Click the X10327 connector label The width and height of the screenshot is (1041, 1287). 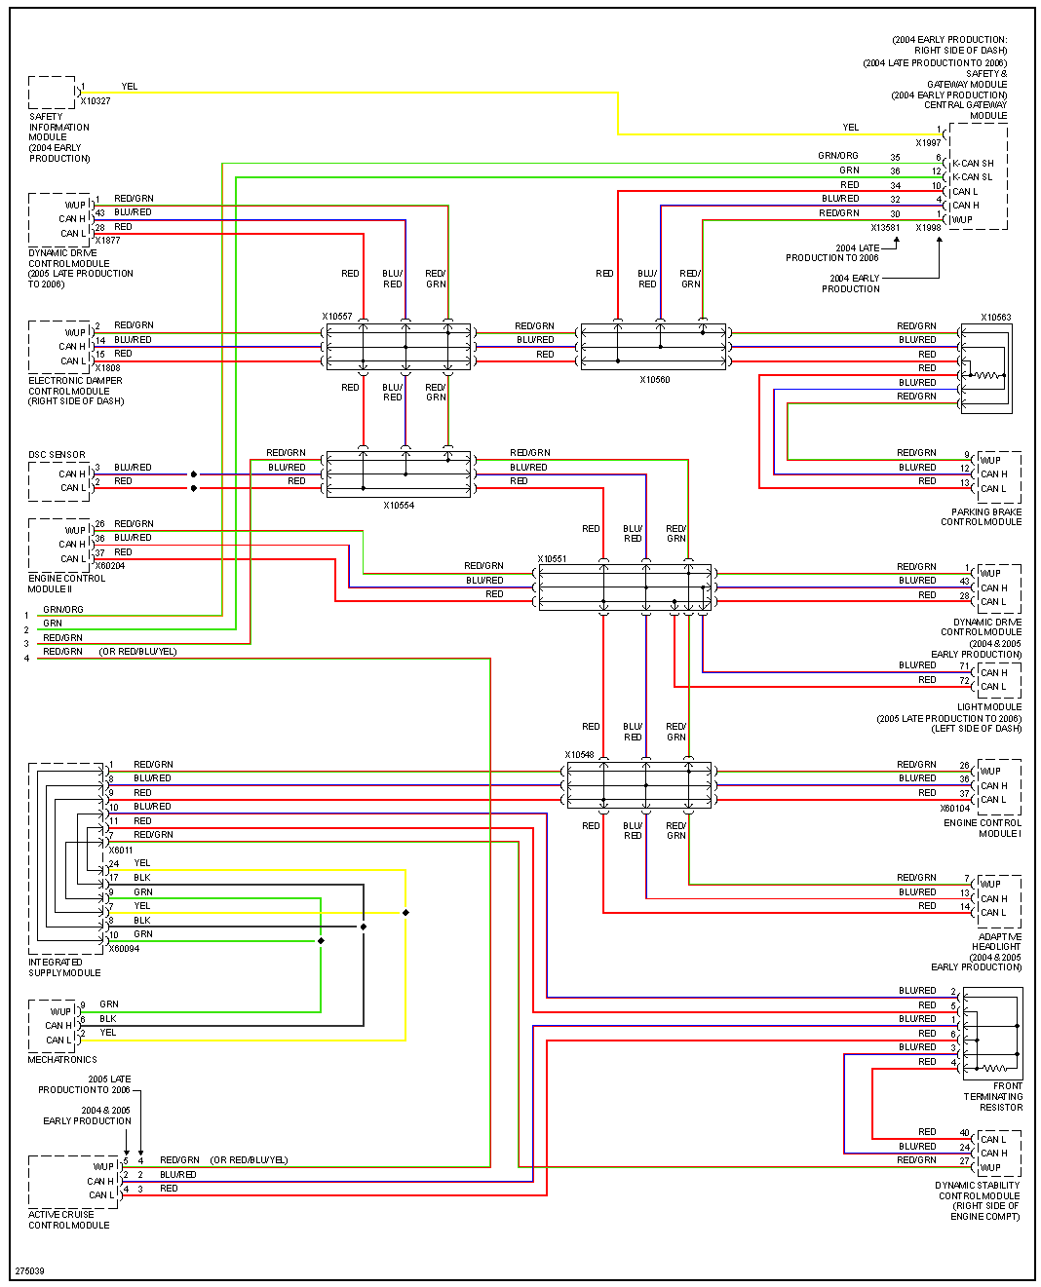pos(96,101)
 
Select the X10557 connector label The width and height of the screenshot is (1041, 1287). pos(337,317)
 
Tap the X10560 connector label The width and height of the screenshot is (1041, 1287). pos(655,380)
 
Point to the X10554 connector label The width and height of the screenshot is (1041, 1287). pos(399,506)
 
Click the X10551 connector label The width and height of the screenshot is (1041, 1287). pos(552,559)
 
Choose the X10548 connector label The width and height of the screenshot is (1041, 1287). pos(579,755)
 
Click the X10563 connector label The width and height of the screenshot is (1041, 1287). pos(995,318)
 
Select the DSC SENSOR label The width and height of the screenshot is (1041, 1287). pos(57,455)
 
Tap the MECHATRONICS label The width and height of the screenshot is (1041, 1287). pos(62,1060)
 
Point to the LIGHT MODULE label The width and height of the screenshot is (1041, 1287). pos(989,707)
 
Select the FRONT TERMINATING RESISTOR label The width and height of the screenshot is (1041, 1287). pos(993,1096)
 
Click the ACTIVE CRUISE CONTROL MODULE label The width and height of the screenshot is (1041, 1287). pos(68,1220)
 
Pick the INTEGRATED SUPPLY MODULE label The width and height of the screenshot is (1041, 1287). pos(64,967)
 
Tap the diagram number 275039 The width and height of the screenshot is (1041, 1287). pos(29,1271)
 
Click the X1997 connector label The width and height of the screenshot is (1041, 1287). pos(928,143)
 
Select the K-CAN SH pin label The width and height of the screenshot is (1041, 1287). pos(973,164)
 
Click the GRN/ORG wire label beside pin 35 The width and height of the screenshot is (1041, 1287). pos(838,156)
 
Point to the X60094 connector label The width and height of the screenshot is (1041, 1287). pos(124,949)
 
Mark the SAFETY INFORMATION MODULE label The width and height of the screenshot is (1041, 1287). pos(58,137)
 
